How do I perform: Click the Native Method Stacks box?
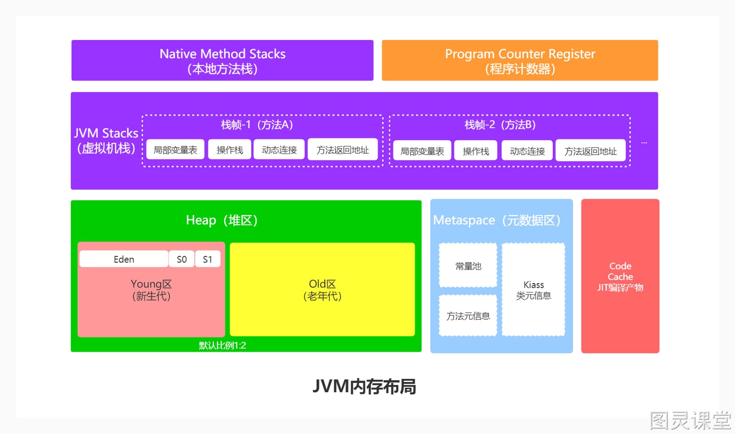point(222,60)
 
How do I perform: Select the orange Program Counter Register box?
point(520,60)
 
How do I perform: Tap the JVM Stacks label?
point(106,141)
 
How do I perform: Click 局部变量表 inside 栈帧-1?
point(175,150)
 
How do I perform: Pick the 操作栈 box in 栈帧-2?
point(476,151)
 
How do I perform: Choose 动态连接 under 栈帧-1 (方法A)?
point(279,150)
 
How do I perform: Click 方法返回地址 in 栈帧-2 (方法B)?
point(591,151)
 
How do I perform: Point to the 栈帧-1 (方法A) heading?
point(257,124)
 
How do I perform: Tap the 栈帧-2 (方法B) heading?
point(500,124)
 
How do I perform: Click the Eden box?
point(124,259)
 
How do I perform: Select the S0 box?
point(182,259)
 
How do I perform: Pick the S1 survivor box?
point(208,259)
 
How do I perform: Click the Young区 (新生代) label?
point(151,290)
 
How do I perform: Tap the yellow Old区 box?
point(322,289)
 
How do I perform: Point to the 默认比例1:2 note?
point(222,345)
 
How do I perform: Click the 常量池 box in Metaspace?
point(468,265)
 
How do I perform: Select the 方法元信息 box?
point(468,316)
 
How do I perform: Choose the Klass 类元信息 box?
point(533,290)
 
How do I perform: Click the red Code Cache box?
point(620,276)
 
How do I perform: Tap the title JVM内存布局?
point(364,386)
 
